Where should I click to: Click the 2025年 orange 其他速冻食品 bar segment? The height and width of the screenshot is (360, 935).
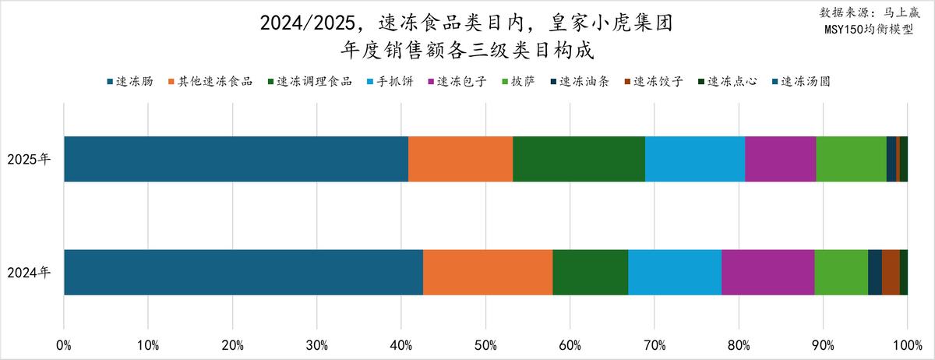click(x=460, y=159)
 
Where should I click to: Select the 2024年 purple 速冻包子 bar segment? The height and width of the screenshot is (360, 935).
click(x=767, y=272)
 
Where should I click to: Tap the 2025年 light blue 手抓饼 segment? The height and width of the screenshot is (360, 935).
click(x=695, y=159)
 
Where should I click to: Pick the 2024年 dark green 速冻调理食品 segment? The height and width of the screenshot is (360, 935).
click(x=590, y=272)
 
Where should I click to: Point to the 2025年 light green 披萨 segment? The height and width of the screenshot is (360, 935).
click(x=851, y=159)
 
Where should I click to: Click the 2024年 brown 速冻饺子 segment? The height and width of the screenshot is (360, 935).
click(x=891, y=272)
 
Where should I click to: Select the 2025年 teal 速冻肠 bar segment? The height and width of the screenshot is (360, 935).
click(x=236, y=159)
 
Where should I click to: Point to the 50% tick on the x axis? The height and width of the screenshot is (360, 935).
click(x=485, y=344)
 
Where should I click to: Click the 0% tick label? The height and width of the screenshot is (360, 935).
click(x=64, y=344)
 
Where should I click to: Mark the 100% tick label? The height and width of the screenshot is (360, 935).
click(x=907, y=344)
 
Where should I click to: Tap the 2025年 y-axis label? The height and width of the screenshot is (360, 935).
click(x=30, y=160)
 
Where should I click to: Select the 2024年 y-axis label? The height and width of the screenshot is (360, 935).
click(x=30, y=273)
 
